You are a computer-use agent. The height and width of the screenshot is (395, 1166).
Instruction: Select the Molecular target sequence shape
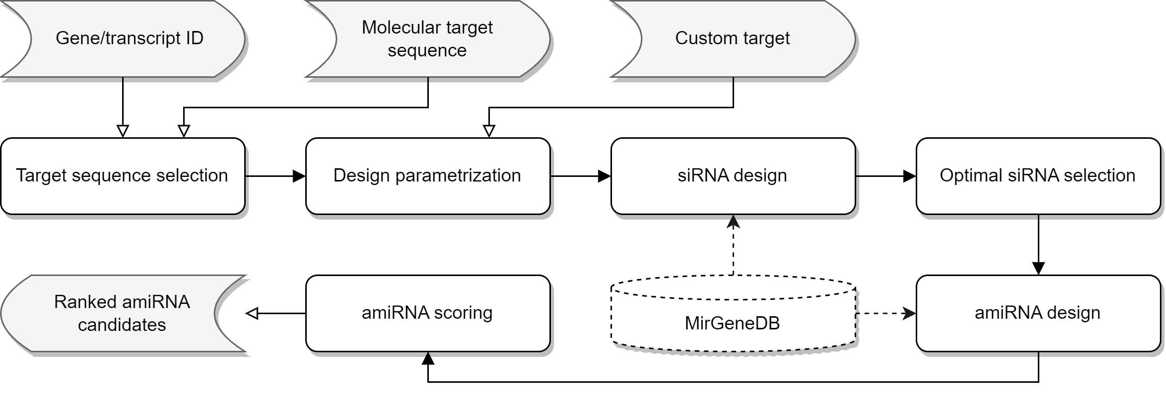[x=427, y=39]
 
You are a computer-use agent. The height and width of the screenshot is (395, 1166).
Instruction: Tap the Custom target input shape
[x=733, y=39]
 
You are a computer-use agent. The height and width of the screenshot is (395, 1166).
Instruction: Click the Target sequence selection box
[x=123, y=176]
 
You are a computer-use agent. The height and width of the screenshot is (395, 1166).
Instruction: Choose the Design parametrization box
[x=427, y=176]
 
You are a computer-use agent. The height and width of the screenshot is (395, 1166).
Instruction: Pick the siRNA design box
[x=733, y=176]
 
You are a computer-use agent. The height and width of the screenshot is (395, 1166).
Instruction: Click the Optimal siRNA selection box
[x=1038, y=176]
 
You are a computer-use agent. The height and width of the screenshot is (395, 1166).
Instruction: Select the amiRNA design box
[x=1038, y=313]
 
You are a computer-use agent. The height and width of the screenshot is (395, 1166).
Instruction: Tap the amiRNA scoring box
[x=427, y=313]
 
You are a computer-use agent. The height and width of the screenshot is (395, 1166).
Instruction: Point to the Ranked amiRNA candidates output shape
[x=123, y=313]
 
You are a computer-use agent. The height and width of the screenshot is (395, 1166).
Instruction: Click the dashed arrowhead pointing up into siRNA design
[x=733, y=222]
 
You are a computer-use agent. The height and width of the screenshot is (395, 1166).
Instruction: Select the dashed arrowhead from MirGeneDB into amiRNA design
[x=909, y=313]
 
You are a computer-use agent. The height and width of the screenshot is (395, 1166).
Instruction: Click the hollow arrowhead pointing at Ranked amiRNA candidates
[x=252, y=314]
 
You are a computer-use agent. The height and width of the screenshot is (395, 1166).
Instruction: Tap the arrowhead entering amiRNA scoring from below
[x=428, y=359]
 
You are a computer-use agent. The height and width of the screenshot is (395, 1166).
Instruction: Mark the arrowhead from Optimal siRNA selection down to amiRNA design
[x=1038, y=268]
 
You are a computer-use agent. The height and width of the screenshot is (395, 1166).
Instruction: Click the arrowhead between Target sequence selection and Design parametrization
[x=299, y=176]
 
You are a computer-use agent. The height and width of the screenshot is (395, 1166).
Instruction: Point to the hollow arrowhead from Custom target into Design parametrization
[x=489, y=131]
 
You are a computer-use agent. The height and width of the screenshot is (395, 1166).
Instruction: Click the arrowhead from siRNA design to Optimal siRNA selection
[x=909, y=176]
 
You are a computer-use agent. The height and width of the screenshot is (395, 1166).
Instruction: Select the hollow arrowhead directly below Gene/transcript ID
[x=123, y=131]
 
